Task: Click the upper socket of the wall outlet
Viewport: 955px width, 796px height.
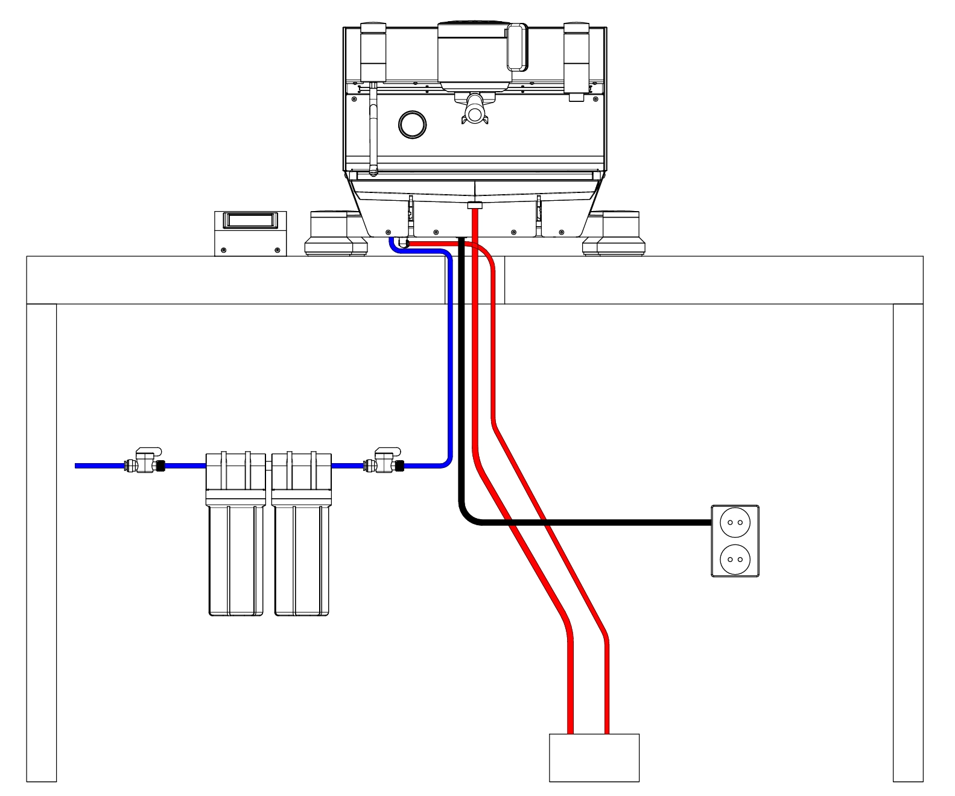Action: pos(735,522)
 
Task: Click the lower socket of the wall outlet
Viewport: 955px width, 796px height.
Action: pos(735,559)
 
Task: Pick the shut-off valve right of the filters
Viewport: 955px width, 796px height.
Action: pos(386,462)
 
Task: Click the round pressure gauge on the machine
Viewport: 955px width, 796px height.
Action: pos(413,124)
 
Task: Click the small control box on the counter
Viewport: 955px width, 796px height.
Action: pos(250,234)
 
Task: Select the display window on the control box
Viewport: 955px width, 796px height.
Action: pos(250,220)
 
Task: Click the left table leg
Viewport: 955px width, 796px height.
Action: pos(42,543)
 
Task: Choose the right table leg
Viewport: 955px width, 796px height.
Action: pos(908,543)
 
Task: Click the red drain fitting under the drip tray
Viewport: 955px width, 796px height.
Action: pos(475,206)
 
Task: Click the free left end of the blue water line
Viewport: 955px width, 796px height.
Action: pos(77,466)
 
